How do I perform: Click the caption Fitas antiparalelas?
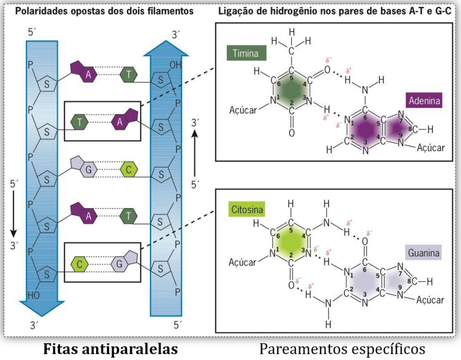(x=111, y=349)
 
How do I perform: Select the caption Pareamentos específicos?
(x=341, y=349)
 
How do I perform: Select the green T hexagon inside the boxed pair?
(x=80, y=122)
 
